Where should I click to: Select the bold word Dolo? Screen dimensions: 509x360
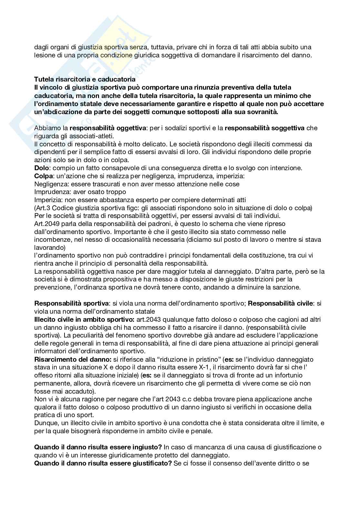(x=40, y=168)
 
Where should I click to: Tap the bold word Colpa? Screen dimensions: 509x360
(x=42, y=176)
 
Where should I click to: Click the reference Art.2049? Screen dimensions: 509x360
(x=46, y=224)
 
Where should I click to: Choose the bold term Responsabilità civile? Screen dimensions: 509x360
(x=280, y=303)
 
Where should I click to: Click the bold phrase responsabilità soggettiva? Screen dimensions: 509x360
(x=265, y=128)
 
